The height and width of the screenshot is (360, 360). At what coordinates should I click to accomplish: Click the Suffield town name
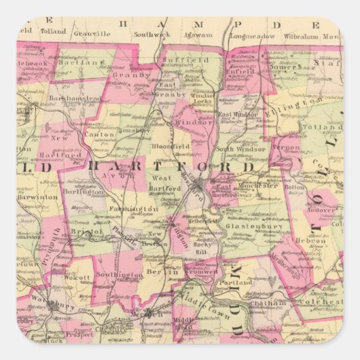tap(183, 60)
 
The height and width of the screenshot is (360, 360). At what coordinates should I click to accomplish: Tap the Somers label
tap(289, 67)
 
